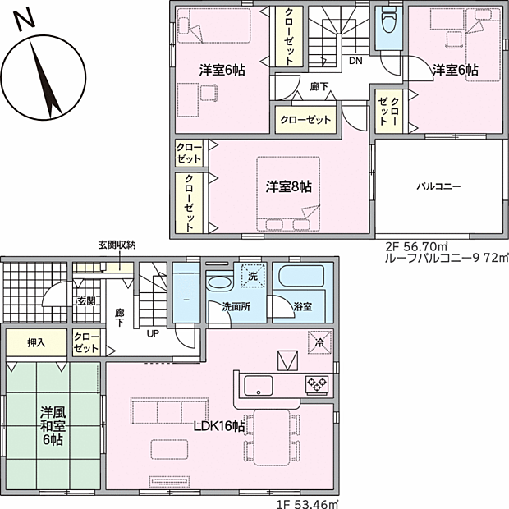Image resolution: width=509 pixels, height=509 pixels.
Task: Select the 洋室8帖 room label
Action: pyautogui.click(x=288, y=187)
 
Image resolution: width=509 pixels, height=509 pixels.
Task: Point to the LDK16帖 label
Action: pyautogui.click(x=218, y=426)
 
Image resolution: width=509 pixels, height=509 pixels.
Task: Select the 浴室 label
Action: pyautogui.click(x=303, y=306)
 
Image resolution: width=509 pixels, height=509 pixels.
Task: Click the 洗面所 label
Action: pyautogui.click(x=236, y=306)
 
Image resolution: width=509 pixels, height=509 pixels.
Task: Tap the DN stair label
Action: pyautogui.click(x=355, y=61)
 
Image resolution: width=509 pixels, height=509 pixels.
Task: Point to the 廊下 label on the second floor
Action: pyautogui.click(x=319, y=86)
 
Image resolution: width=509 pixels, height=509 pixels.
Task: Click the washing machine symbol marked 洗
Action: pyautogui.click(x=252, y=277)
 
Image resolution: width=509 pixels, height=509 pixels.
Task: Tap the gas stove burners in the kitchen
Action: pyautogui.click(x=317, y=383)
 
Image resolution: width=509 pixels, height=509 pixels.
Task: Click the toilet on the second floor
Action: pyautogui.click(x=387, y=22)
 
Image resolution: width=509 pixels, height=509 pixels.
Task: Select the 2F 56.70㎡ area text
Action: pyautogui.click(x=418, y=245)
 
